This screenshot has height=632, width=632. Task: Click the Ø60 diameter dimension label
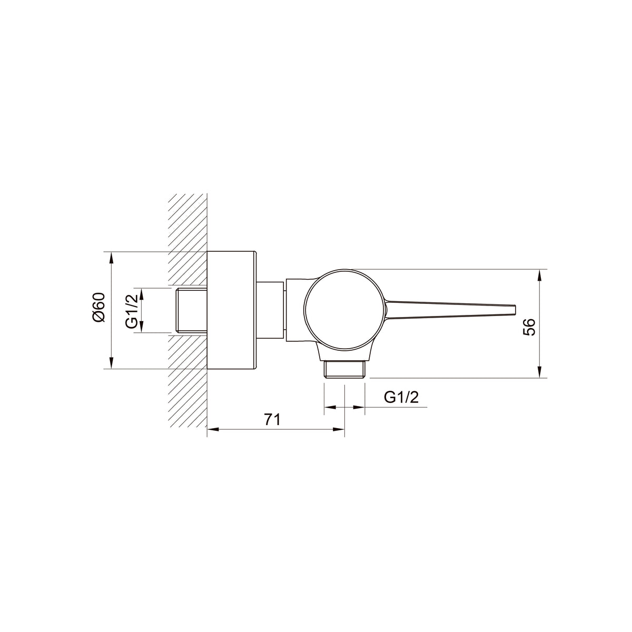coord(98,307)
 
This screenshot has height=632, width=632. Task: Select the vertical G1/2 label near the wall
coord(132,311)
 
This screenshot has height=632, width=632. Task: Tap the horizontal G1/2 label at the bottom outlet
coord(401,397)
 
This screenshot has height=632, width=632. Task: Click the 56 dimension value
coord(529,327)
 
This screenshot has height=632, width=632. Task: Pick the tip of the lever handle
coord(516,310)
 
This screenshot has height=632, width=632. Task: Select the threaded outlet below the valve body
coord(344,370)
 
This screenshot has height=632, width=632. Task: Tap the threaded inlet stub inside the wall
coord(191,311)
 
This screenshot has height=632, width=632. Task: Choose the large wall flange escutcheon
coord(231,310)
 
